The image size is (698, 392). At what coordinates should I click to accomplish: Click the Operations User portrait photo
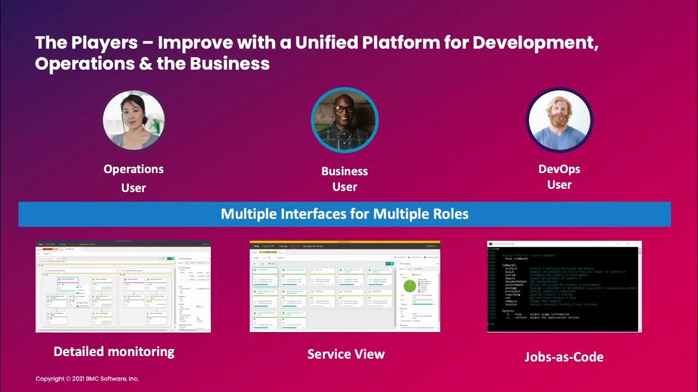(x=134, y=120)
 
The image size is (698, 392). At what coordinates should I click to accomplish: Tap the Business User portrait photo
(x=345, y=121)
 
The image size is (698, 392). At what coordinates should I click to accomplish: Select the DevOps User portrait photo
(x=559, y=120)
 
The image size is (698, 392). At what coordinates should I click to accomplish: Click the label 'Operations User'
(x=134, y=178)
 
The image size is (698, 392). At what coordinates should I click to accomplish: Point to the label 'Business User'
(x=345, y=179)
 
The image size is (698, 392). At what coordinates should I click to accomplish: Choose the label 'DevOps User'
(x=559, y=177)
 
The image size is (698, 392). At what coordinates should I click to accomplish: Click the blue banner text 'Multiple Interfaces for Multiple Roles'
(x=345, y=213)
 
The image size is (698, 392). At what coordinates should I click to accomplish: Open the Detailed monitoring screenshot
(x=123, y=286)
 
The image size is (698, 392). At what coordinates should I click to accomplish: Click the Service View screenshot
(x=345, y=286)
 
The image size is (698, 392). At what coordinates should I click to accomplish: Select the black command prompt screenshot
(x=564, y=286)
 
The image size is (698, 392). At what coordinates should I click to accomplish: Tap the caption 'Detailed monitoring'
(x=114, y=352)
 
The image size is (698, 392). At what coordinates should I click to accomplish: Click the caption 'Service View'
(x=346, y=354)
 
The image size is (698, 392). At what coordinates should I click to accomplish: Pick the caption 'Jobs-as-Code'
(x=564, y=358)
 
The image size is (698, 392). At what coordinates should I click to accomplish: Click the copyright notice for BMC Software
(x=87, y=378)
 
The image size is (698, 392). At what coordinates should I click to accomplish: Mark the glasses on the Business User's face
(x=344, y=109)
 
